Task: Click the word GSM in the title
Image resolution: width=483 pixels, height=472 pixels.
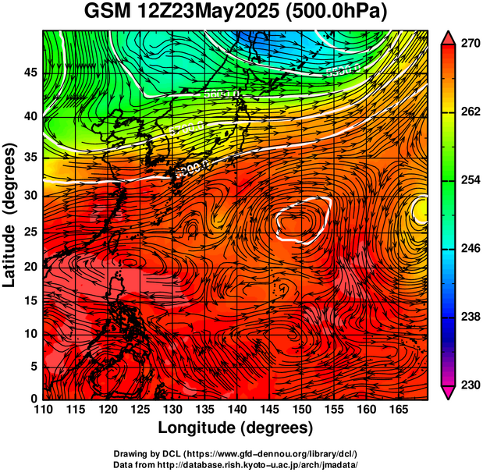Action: coord(105,12)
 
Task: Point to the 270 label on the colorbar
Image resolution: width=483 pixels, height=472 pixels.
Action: coord(469,44)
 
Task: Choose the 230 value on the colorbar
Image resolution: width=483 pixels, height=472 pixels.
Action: coord(469,385)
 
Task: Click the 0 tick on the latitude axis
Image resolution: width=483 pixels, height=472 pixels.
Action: coord(33,399)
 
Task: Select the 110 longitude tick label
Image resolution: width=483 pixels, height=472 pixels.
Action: coord(43,409)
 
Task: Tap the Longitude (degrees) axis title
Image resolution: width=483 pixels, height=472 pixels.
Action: coord(235,428)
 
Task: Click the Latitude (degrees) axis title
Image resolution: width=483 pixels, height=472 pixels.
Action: coord(10,215)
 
